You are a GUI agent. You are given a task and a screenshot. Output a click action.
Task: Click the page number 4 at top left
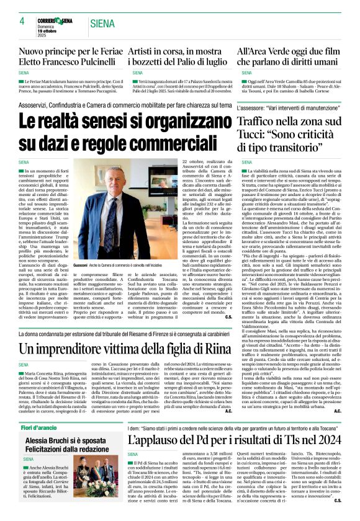tap(22, 21)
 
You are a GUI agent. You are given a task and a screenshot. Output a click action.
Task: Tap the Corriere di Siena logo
tap(55, 21)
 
